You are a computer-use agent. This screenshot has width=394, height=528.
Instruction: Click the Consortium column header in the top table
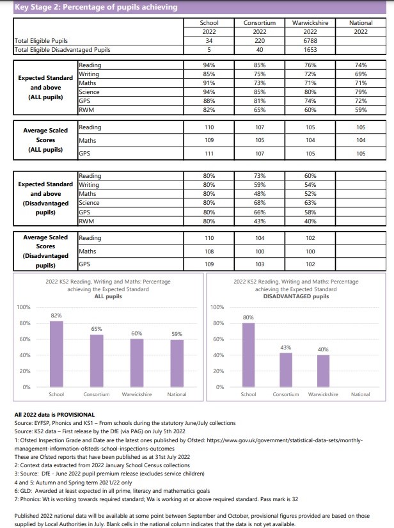[x=260, y=23]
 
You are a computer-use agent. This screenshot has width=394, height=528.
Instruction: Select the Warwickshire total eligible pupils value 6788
[x=310, y=41]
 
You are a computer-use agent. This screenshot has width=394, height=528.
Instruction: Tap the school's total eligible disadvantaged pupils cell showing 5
[x=209, y=50]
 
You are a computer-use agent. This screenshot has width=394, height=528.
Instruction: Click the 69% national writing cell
[x=361, y=74]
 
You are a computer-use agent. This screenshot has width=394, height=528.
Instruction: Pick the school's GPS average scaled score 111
[x=209, y=154]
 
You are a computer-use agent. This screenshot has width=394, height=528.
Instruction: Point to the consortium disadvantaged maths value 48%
[x=260, y=194]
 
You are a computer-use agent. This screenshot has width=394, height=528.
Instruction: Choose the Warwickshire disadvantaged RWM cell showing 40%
[x=310, y=221]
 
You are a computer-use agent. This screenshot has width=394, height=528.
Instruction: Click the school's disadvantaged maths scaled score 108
[x=209, y=252]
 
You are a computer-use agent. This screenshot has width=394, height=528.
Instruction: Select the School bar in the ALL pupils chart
[x=56, y=354]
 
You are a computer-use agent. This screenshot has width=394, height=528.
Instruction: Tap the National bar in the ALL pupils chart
[x=177, y=364]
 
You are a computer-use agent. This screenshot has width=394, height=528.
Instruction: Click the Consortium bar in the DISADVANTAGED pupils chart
[x=286, y=370]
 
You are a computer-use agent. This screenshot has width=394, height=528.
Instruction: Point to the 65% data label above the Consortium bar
[x=97, y=329]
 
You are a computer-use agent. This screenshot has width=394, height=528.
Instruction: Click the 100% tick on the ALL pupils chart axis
[x=24, y=307]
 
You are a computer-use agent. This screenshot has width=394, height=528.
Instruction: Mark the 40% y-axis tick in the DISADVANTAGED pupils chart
[x=218, y=355]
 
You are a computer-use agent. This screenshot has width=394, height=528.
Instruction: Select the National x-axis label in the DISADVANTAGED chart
[x=360, y=394]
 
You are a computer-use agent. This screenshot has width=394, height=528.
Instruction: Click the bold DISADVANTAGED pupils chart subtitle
[x=296, y=296]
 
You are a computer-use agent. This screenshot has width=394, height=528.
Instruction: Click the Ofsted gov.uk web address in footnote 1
[x=189, y=445]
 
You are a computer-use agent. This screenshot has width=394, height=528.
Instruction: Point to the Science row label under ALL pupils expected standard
[x=89, y=92]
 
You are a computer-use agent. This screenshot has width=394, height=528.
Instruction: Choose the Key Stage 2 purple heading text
[x=96, y=7]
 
